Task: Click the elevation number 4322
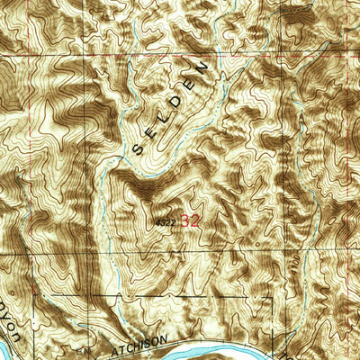point(164,219)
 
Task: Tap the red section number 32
point(190,219)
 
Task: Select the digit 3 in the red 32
point(185,219)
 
